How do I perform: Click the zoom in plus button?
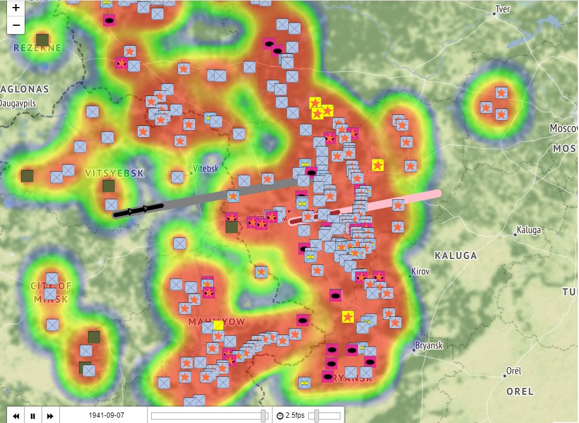coord(16,8)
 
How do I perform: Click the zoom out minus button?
coord(16,25)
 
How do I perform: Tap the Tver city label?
coord(502,9)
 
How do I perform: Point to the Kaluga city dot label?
coord(528,230)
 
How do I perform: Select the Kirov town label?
coord(420,272)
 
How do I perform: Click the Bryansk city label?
coord(428,346)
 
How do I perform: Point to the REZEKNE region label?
coord(38,48)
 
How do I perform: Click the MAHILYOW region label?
coord(216,322)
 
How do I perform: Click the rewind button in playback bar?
coord(16,416)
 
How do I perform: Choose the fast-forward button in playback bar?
coord(50,416)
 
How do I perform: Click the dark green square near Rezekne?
coord(42,40)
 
